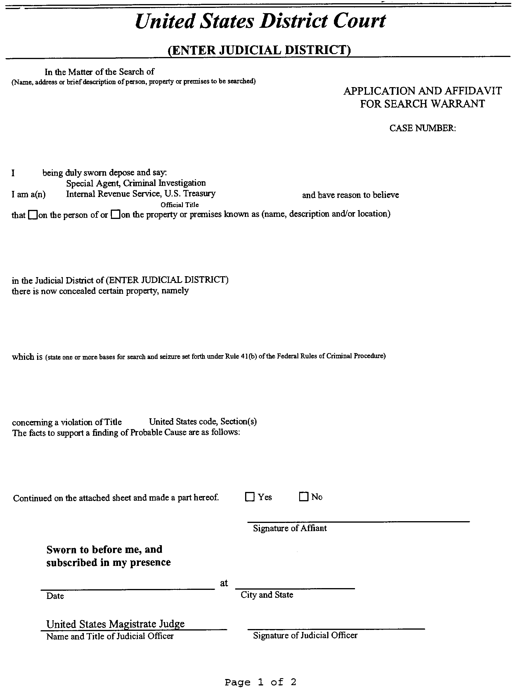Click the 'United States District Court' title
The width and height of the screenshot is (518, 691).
tap(260, 21)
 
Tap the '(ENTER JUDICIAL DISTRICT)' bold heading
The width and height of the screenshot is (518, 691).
tap(259, 50)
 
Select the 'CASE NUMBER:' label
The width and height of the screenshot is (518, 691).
tap(422, 128)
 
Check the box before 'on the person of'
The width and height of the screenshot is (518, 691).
tap(32, 215)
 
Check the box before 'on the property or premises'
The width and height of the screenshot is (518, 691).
tap(115, 215)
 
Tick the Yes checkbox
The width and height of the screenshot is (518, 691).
tap(250, 497)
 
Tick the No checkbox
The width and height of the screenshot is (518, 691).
tap(304, 496)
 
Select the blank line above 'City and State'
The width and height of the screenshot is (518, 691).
tap(295, 588)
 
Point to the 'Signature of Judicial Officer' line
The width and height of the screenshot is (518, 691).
tap(336, 628)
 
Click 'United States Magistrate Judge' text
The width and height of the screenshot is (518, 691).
tap(115, 624)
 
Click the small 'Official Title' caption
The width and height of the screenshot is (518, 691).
tap(180, 205)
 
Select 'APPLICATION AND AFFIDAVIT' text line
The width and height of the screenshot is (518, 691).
tap(422, 91)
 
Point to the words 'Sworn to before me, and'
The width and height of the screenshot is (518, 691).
tap(104, 550)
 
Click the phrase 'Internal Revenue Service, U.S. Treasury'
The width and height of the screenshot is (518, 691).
tap(141, 194)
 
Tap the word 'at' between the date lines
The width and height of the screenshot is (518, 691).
tap(224, 583)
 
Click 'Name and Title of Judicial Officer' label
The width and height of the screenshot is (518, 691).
tap(110, 636)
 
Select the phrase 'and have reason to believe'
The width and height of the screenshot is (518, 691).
tap(350, 195)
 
